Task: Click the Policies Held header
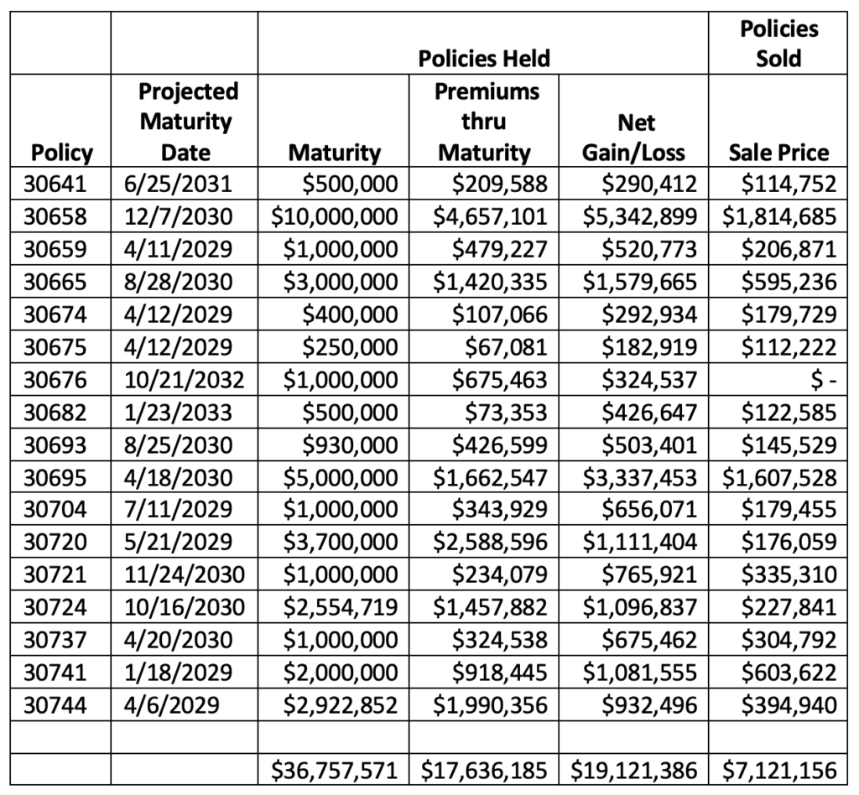(x=484, y=59)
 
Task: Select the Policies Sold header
(x=778, y=44)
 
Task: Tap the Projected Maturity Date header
(x=186, y=122)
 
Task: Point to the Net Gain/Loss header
(x=634, y=138)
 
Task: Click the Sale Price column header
(x=778, y=153)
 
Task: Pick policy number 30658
(x=55, y=216)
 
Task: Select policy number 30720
(x=55, y=542)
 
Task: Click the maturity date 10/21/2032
(x=184, y=379)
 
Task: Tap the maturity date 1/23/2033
(x=178, y=413)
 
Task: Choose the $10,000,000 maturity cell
(x=335, y=216)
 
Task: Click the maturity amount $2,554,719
(x=341, y=607)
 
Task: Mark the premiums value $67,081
(x=506, y=347)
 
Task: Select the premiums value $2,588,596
(x=490, y=542)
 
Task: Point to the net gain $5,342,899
(x=640, y=216)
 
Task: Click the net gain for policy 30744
(x=650, y=705)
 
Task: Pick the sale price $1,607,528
(x=779, y=477)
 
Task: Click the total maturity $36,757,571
(x=335, y=771)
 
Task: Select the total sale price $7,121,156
(x=779, y=771)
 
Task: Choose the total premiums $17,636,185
(x=484, y=771)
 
